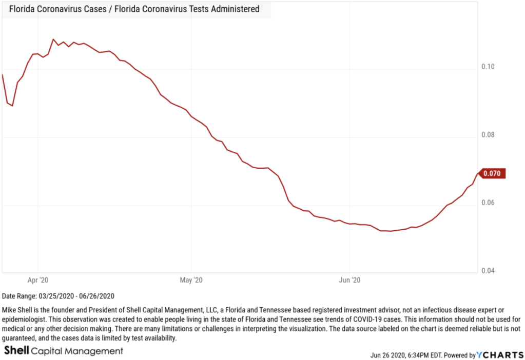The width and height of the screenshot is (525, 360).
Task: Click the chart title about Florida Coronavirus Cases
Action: [x=134, y=9]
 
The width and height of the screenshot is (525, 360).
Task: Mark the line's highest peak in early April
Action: [x=53, y=39]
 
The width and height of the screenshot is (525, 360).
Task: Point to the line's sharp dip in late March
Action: [x=12, y=106]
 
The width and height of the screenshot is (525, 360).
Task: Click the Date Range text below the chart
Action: [x=58, y=296]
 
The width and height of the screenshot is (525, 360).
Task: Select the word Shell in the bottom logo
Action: [x=16, y=351]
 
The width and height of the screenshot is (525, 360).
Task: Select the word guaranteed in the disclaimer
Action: [x=22, y=338]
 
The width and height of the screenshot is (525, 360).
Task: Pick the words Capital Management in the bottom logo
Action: [x=77, y=351]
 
